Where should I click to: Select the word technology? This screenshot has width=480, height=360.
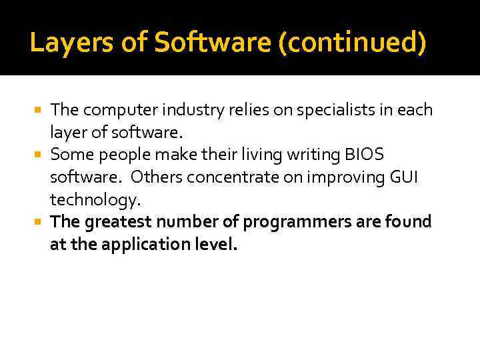tap(94, 200)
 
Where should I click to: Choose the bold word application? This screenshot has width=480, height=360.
tap(140, 245)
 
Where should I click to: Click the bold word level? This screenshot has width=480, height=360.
tap(215, 245)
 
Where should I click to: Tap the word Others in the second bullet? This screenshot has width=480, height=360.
tap(157, 177)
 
